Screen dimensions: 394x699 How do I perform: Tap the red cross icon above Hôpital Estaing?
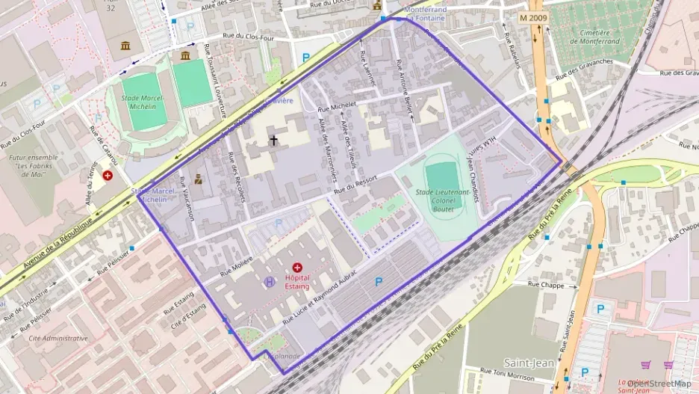pyautogui.click(x=297, y=267)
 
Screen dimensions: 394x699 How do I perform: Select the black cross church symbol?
pyautogui.click(x=273, y=140)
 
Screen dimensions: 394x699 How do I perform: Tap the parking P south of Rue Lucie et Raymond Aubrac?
pyautogui.click(x=379, y=282)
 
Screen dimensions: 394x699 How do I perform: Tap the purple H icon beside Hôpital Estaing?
pyautogui.click(x=269, y=282)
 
